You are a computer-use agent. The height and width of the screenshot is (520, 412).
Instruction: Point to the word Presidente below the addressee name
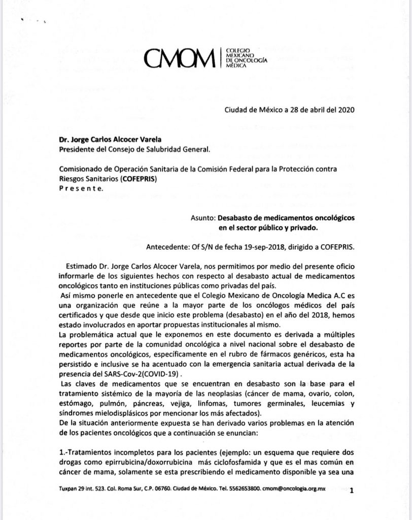coord(79,149)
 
